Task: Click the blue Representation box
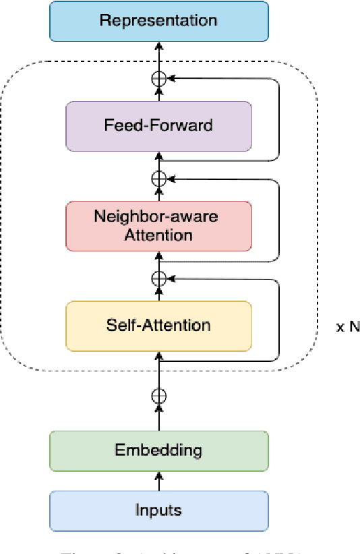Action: (x=158, y=20)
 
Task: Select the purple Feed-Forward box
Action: (x=158, y=126)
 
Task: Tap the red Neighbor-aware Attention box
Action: (x=158, y=226)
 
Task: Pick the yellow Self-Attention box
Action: (x=158, y=326)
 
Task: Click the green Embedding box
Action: (x=158, y=450)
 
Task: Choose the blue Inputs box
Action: (x=158, y=510)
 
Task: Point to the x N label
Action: (x=348, y=327)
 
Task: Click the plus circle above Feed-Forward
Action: (x=158, y=79)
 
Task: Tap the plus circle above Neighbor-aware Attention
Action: (x=158, y=179)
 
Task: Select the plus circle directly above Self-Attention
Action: (x=158, y=278)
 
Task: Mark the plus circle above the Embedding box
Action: (x=158, y=396)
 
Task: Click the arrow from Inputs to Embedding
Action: (x=158, y=481)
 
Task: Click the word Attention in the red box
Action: (x=158, y=235)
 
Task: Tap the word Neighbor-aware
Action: (x=158, y=217)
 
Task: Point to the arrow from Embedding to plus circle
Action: (x=158, y=418)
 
